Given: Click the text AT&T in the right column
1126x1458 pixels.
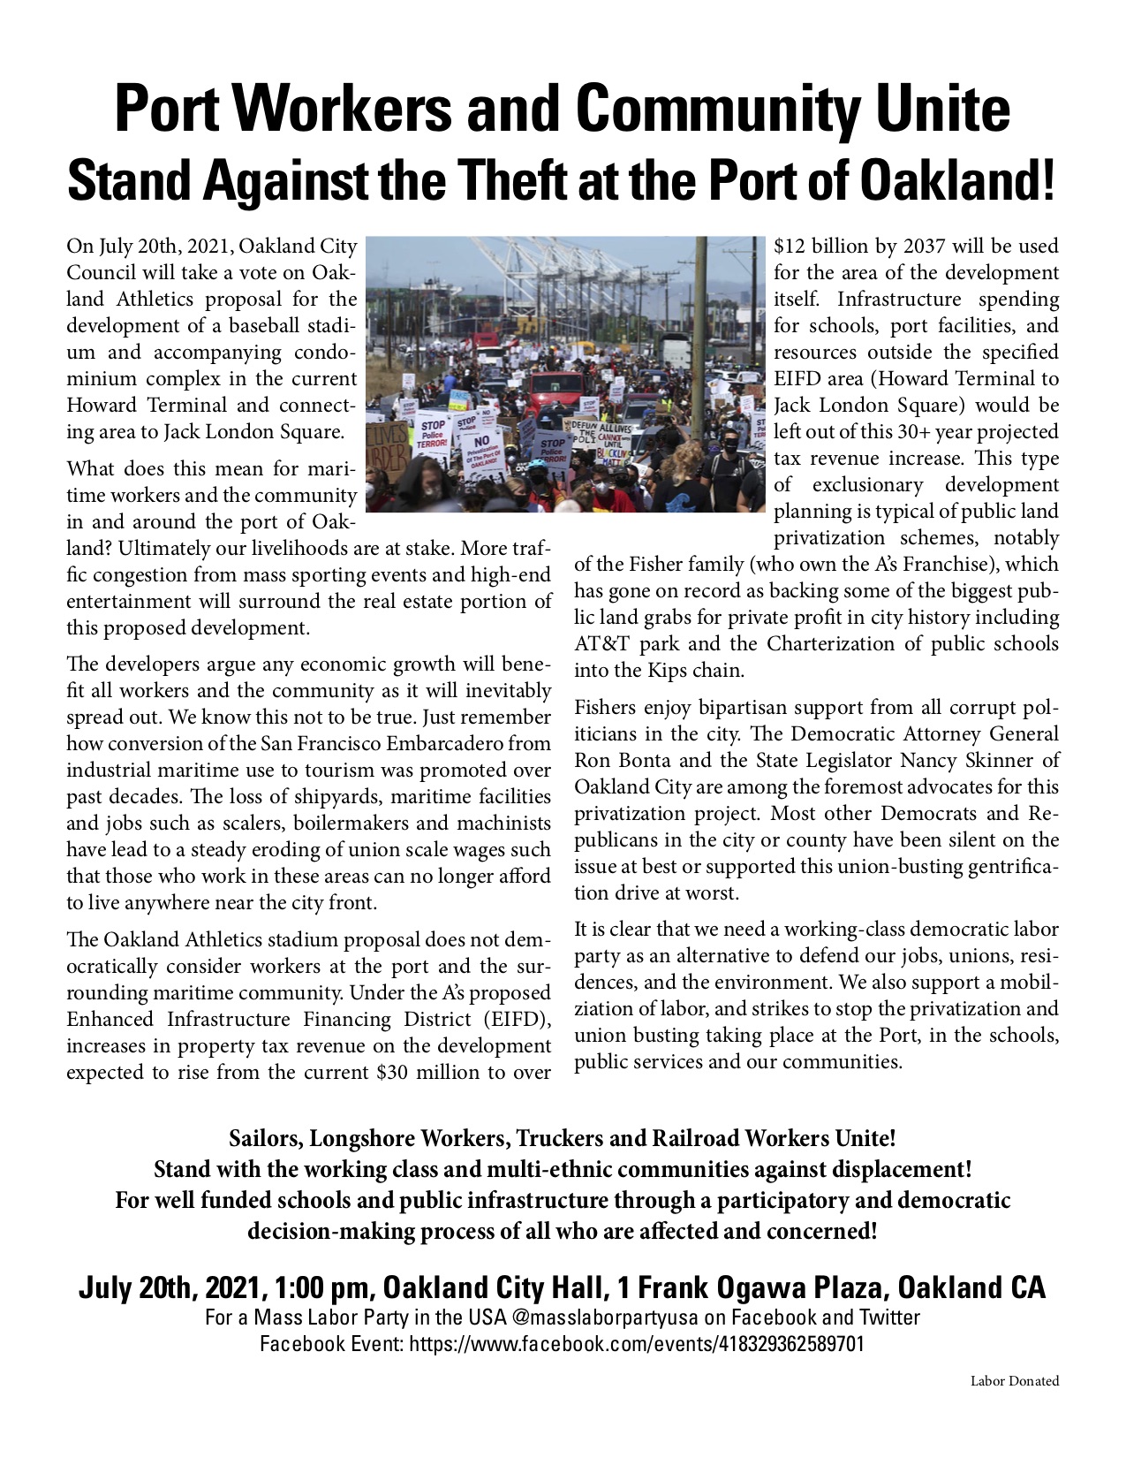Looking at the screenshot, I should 601,643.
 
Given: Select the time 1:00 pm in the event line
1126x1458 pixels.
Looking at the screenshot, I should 323,1287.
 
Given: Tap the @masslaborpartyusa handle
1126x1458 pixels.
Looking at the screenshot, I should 603,1318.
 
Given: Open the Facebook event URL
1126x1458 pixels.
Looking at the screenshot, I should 637,1345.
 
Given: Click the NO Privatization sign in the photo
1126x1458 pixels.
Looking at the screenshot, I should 483,451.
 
